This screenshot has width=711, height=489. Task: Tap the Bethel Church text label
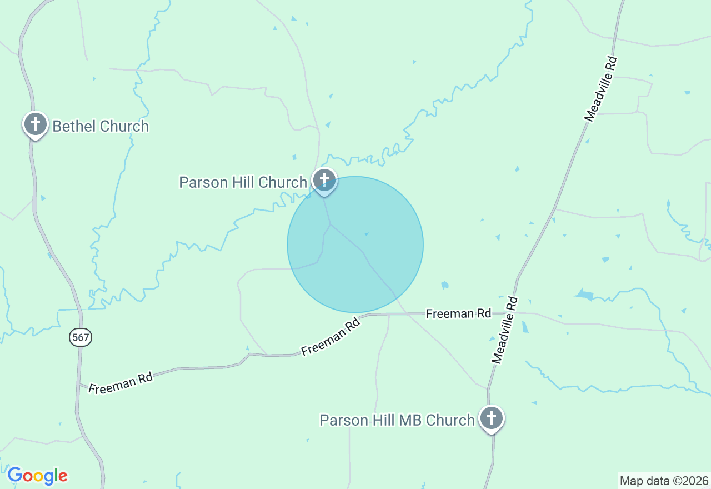101,127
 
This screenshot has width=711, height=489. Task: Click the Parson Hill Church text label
243,182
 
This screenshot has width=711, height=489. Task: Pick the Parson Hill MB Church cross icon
492,417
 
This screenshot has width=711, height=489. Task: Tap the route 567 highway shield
81,337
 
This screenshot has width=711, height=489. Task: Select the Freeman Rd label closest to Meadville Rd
458,314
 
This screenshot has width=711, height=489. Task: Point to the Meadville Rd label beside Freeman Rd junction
505,330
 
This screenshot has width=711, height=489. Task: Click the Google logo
37,476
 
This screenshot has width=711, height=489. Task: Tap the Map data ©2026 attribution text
664,481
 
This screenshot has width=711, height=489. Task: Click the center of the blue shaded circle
355,244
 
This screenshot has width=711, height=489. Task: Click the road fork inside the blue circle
331,225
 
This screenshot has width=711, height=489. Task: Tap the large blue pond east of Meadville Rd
585,295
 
